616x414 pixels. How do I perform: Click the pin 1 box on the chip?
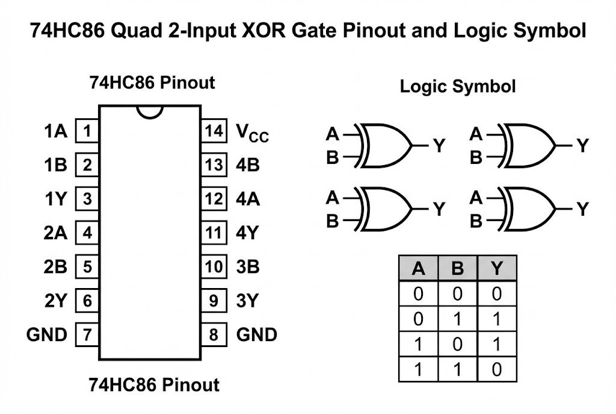pyautogui.click(x=87, y=131)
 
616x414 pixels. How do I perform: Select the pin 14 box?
pyautogui.click(x=214, y=131)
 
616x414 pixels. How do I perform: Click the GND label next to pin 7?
pyautogui.click(x=47, y=334)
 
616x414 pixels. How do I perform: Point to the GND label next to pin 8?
pyautogui.click(x=257, y=334)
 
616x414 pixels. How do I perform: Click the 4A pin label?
pyautogui.click(x=248, y=199)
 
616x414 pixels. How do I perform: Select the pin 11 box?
pyautogui.click(x=214, y=233)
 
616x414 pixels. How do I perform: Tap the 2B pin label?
pyautogui.click(x=55, y=266)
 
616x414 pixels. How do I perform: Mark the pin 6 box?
pyautogui.click(x=87, y=301)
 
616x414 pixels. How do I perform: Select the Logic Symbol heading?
pyautogui.click(x=458, y=86)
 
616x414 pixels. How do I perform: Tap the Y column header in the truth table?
pyautogui.click(x=496, y=268)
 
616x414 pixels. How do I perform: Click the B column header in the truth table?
pyautogui.click(x=457, y=268)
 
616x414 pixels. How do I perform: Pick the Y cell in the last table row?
pyautogui.click(x=496, y=369)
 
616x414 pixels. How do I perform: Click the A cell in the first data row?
pyautogui.click(x=418, y=294)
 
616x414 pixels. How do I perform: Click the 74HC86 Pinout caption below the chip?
pyautogui.click(x=154, y=384)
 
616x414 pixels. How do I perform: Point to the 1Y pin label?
pyautogui.click(x=55, y=199)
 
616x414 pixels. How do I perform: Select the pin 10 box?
pyautogui.click(x=214, y=266)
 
